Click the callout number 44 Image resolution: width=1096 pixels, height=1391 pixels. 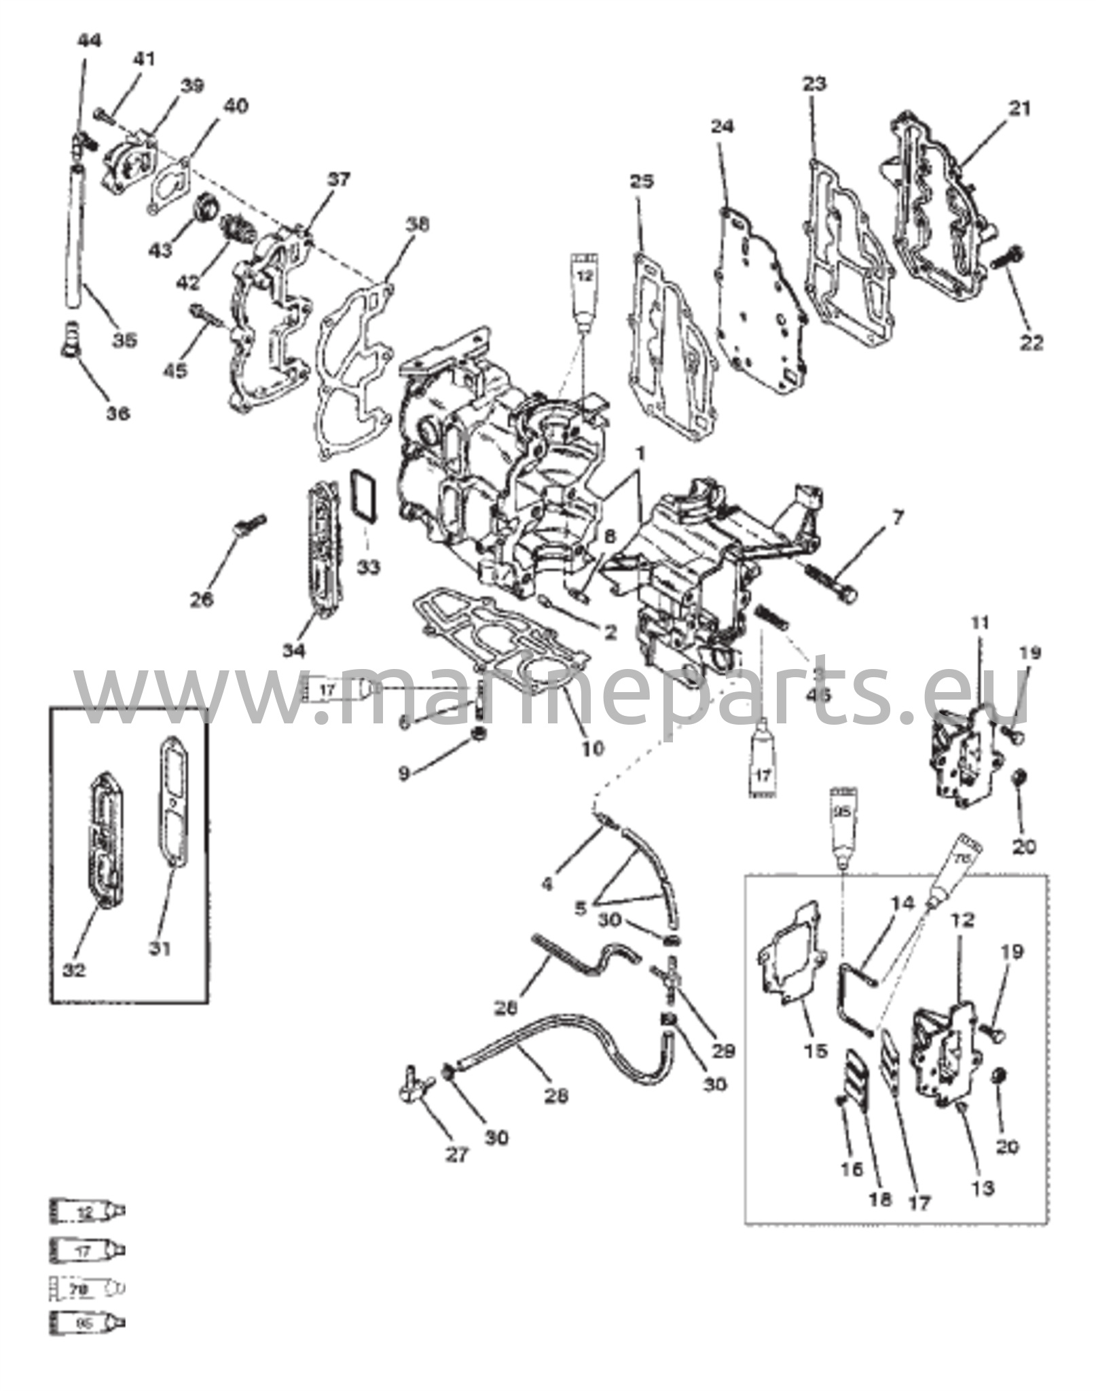tap(89, 41)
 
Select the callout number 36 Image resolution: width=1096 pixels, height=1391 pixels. tap(117, 413)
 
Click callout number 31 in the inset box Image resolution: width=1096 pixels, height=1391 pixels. tap(160, 947)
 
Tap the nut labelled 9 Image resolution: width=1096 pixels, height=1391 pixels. tap(478, 734)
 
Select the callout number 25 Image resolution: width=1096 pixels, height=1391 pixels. tap(642, 183)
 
